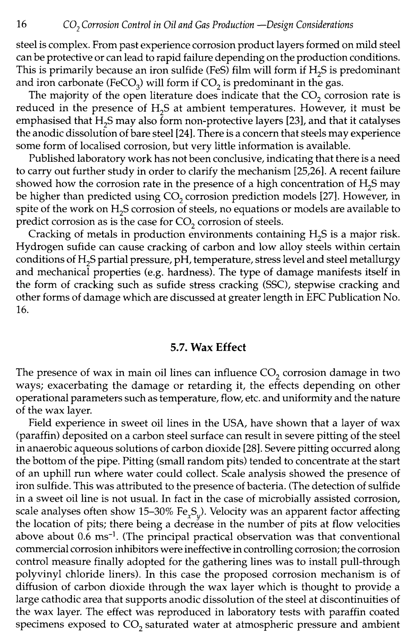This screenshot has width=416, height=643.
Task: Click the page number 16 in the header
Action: (x=22, y=25)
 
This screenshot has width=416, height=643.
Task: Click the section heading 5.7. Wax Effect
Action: (x=208, y=347)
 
